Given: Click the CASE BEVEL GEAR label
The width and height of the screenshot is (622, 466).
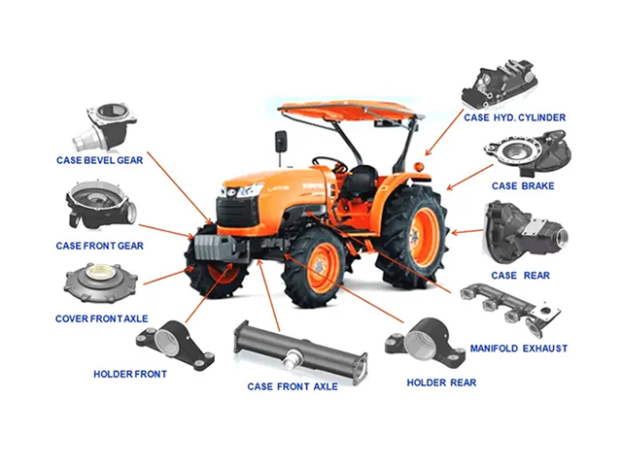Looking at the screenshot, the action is (x=99, y=160).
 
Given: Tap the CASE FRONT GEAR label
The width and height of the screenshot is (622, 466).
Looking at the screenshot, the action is (x=99, y=246).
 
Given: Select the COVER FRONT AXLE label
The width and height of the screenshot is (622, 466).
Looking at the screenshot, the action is (x=101, y=318).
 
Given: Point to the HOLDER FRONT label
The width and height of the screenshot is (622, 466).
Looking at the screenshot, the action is (x=130, y=374).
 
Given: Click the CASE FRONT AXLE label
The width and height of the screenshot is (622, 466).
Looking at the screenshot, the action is (x=293, y=386).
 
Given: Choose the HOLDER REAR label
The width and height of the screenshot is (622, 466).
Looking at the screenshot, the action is (x=441, y=383).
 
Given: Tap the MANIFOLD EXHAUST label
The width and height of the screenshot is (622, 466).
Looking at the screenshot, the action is (x=519, y=349).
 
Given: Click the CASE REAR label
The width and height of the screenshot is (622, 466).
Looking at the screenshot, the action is (x=521, y=276).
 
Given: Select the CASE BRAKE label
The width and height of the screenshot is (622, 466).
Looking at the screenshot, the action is (x=523, y=185).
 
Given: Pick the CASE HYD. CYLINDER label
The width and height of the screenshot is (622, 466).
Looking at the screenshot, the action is (x=515, y=117).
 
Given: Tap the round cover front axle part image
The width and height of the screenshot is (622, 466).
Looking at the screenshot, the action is (x=101, y=283).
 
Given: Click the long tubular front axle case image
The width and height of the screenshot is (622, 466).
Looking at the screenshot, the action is (x=300, y=352).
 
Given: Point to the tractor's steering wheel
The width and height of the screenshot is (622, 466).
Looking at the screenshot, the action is (x=329, y=162).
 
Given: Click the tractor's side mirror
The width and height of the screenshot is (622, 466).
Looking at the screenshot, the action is (x=281, y=142).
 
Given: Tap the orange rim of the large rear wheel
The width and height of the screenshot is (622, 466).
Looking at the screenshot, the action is (x=424, y=237).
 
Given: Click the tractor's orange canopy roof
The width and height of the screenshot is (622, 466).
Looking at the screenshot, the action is (x=351, y=110).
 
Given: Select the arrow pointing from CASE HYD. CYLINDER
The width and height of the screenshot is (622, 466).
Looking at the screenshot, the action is (x=444, y=132).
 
